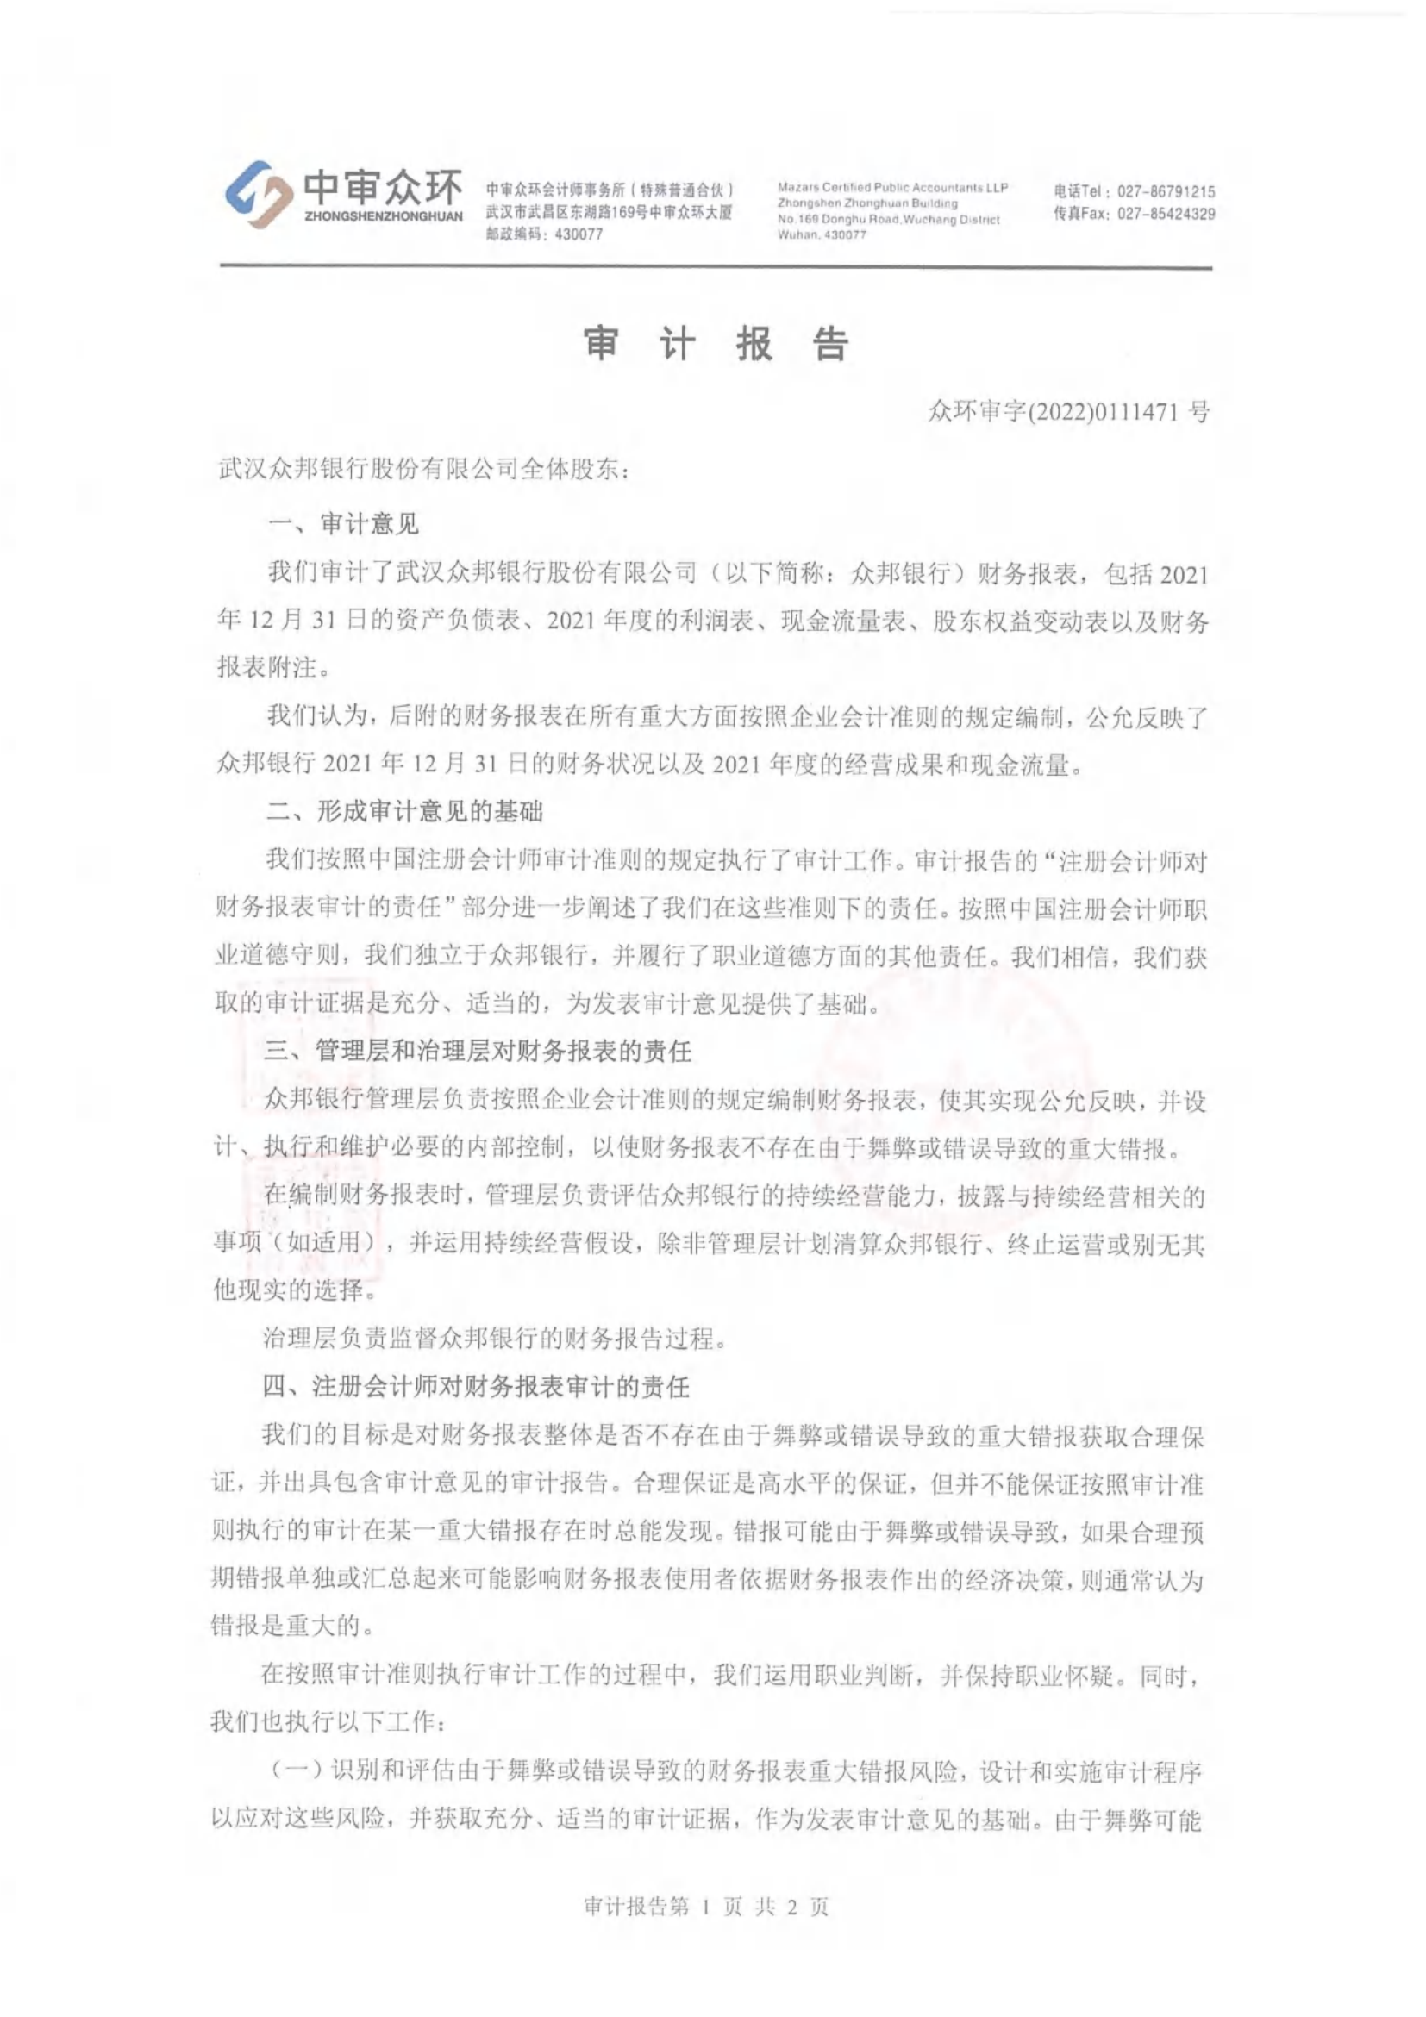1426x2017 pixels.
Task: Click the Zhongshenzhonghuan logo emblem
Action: pyautogui.click(x=260, y=194)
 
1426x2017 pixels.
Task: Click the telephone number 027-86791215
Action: pyautogui.click(x=1166, y=191)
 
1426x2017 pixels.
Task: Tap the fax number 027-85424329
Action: pyautogui.click(x=1166, y=214)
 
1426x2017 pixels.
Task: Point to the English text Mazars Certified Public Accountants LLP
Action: pyautogui.click(x=891, y=188)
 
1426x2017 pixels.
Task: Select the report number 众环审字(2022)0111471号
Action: pyautogui.click(x=1067, y=411)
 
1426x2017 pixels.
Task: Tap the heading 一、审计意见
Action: pyautogui.click(x=343, y=524)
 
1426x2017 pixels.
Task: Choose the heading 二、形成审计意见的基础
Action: pyautogui.click(x=404, y=811)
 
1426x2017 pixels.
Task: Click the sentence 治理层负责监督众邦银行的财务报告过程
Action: pyautogui.click(x=494, y=1339)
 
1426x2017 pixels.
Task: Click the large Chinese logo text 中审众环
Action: pyautogui.click(x=382, y=186)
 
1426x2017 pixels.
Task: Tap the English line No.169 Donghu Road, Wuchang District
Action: pyautogui.click(x=887, y=220)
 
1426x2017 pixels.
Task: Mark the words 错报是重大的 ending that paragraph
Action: pyautogui.click(x=285, y=1625)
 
